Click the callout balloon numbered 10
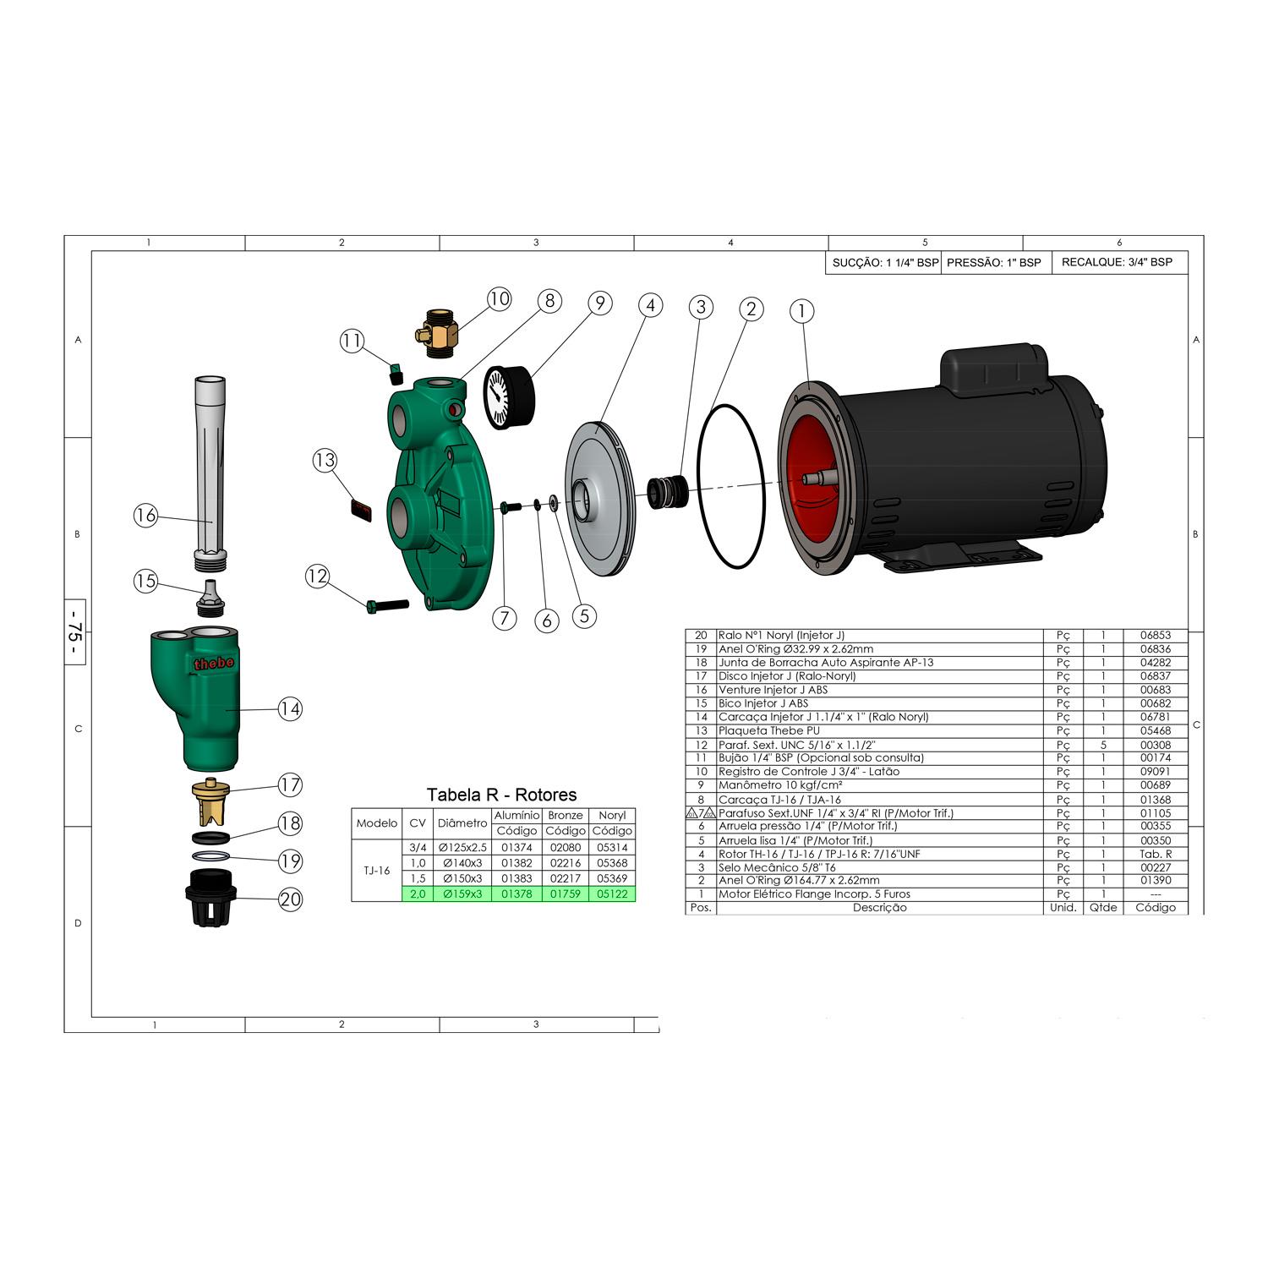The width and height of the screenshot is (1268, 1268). pos(499,298)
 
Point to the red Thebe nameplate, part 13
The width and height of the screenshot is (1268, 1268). pos(360,510)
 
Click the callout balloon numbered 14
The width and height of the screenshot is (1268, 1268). pos(290,708)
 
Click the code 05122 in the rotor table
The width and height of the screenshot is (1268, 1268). pos(612,894)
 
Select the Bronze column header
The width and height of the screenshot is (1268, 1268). pos(566,815)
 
